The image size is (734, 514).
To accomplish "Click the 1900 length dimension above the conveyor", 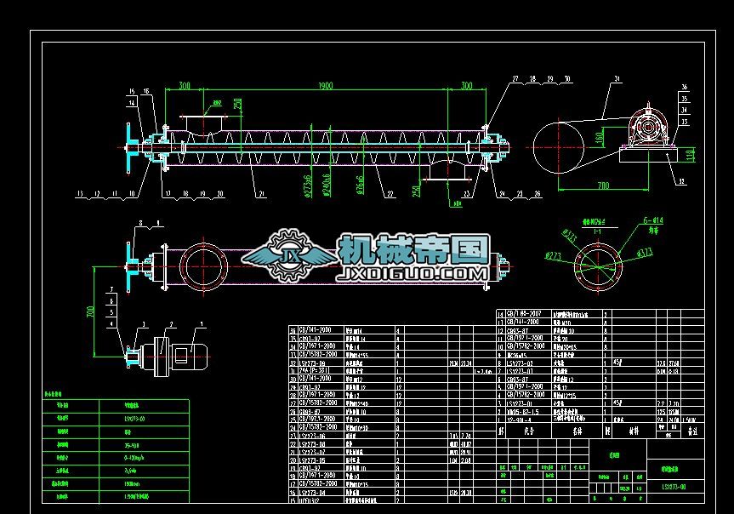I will coord(326,86).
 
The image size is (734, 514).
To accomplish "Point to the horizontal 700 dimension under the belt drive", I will coord(601,184).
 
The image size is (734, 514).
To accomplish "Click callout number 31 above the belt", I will coord(614,79).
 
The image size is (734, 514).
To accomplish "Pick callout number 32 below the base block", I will coord(682,180).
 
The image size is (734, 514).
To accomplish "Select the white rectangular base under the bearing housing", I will coord(647,153).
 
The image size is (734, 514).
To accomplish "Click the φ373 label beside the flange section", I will coord(644,251).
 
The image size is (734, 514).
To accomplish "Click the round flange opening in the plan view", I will coord(204,266).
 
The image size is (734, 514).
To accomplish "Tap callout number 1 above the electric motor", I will coord(202,324).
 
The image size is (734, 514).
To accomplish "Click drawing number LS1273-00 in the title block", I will coord(674,487).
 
